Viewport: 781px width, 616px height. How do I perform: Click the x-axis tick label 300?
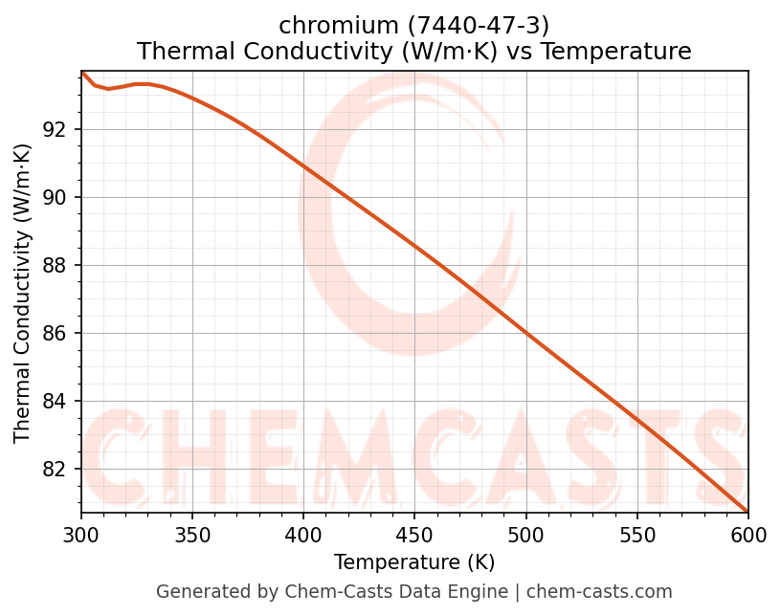[81, 536]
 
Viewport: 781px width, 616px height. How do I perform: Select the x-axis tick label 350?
[192, 536]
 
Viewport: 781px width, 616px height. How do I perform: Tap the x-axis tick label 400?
[303, 536]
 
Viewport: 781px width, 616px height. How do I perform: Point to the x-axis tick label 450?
[414, 536]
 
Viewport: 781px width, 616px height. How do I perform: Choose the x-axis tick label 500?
[525, 536]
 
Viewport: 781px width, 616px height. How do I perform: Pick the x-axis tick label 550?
[636, 536]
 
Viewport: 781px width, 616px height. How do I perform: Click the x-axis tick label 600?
[748, 536]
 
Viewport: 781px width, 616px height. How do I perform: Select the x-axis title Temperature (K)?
[414, 562]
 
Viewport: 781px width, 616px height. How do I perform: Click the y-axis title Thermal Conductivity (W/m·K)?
[23, 293]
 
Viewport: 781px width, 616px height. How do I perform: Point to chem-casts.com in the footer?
[599, 592]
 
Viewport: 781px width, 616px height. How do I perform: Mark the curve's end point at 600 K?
[748, 511]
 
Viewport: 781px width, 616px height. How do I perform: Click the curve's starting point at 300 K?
[81, 72]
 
